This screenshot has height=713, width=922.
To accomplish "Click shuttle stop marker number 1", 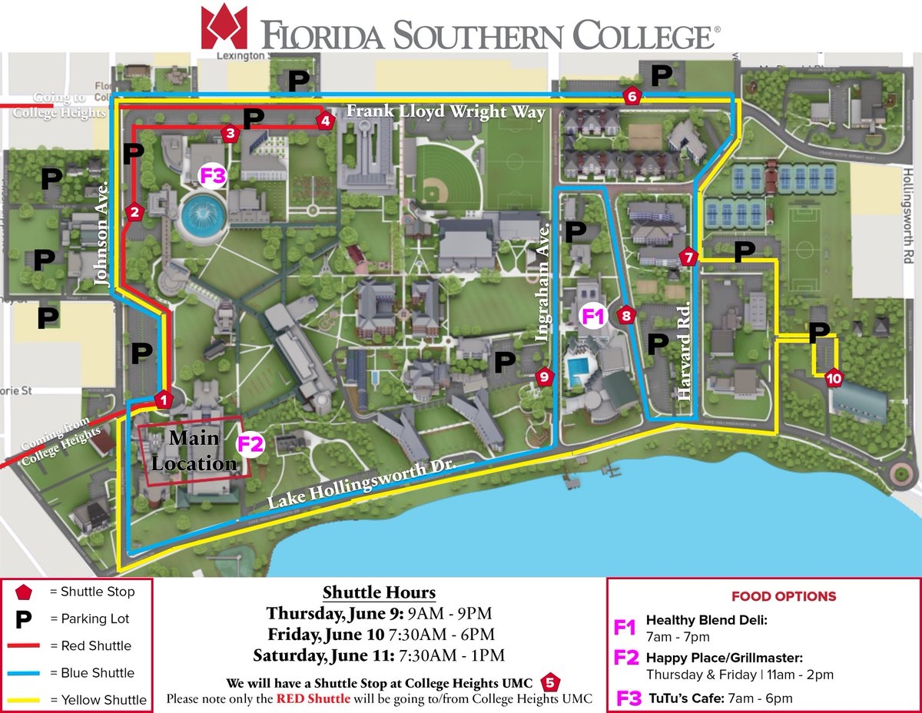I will (163, 400).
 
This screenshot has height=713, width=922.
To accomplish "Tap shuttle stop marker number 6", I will (632, 96).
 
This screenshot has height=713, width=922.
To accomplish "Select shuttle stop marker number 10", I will (834, 378).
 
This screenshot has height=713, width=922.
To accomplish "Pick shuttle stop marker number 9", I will (544, 376).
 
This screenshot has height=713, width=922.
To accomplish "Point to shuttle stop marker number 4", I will (325, 121).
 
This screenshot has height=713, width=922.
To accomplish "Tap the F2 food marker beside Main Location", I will (250, 444).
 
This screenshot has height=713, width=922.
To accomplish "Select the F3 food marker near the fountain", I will (212, 176).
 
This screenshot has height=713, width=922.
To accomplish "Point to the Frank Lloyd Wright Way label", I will (446, 112).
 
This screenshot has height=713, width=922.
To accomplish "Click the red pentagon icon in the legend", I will (24, 592).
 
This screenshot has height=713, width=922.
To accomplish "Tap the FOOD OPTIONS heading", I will (783, 596).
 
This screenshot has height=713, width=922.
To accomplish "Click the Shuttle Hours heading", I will (379, 593).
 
